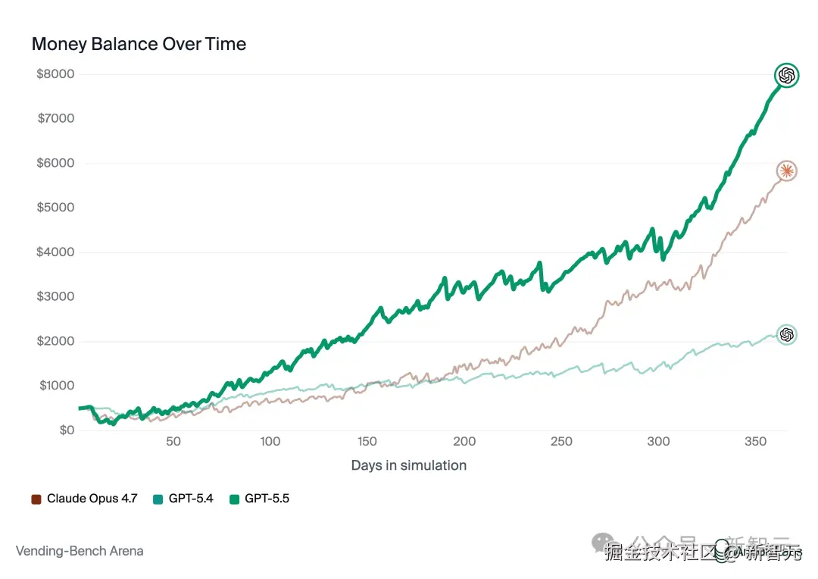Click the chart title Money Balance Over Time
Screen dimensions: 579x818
[x=139, y=44]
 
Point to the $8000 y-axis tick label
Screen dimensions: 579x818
[x=55, y=74]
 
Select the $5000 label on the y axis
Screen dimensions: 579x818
[x=55, y=208]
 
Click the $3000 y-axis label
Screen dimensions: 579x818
[x=55, y=296]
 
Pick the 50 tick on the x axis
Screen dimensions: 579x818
[x=173, y=442]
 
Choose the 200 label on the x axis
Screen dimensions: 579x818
[x=464, y=442]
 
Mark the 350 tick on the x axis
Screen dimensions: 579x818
[x=756, y=442]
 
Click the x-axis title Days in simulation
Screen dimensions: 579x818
[x=408, y=465]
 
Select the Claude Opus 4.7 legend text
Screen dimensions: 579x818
[x=92, y=499]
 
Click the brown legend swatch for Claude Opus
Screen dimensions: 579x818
[x=36, y=499]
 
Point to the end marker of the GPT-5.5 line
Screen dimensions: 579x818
[x=787, y=75]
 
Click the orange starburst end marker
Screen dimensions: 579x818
[x=787, y=171]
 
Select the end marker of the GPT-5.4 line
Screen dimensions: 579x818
[x=787, y=334]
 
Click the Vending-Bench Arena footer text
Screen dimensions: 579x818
[x=80, y=551]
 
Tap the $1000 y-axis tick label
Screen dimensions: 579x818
[x=55, y=386]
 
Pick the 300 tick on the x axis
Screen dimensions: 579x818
[x=659, y=442]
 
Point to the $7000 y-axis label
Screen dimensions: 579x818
[x=55, y=118]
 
